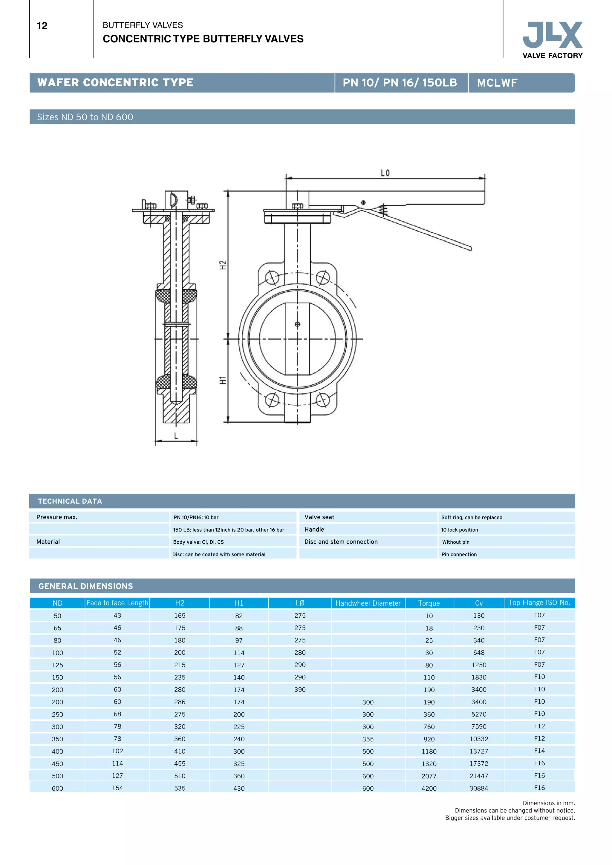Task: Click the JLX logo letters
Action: [x=553, y=35]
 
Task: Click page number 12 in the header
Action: [x=42, y=26]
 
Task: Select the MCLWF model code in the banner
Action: [x=497, y=83]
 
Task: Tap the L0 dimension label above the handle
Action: [x=385, y=173]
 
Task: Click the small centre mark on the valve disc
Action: [x=297, y=324]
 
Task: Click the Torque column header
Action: [x=429, y=603]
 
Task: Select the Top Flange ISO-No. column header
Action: [x=539, y=602]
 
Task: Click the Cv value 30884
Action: [x=479, y=788]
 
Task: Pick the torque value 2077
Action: [x=429, y=776]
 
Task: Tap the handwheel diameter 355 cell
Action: [x=368, y=739]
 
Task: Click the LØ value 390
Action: [x=300, y=689]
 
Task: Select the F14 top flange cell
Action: [x=539, y=751]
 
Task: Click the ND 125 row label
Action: [x=57, y=665]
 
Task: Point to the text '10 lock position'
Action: [x=459, y=530]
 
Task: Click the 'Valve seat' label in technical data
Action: [x=319, y=517]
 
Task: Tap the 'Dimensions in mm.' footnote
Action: [x=549, y=803]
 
